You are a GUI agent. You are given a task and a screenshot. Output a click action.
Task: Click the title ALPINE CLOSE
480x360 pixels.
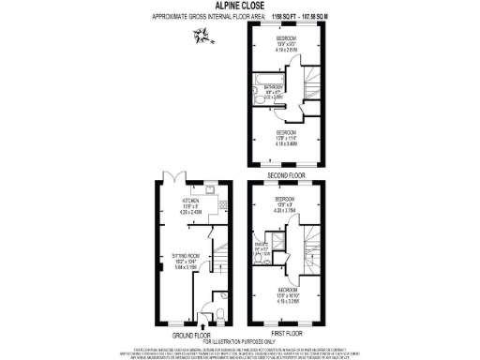click(x=240, y=5)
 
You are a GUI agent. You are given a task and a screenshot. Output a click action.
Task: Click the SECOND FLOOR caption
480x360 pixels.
click(x=285, y=175)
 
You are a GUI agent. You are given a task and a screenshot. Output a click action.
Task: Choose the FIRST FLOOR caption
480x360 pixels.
click(x=286, y=333)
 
